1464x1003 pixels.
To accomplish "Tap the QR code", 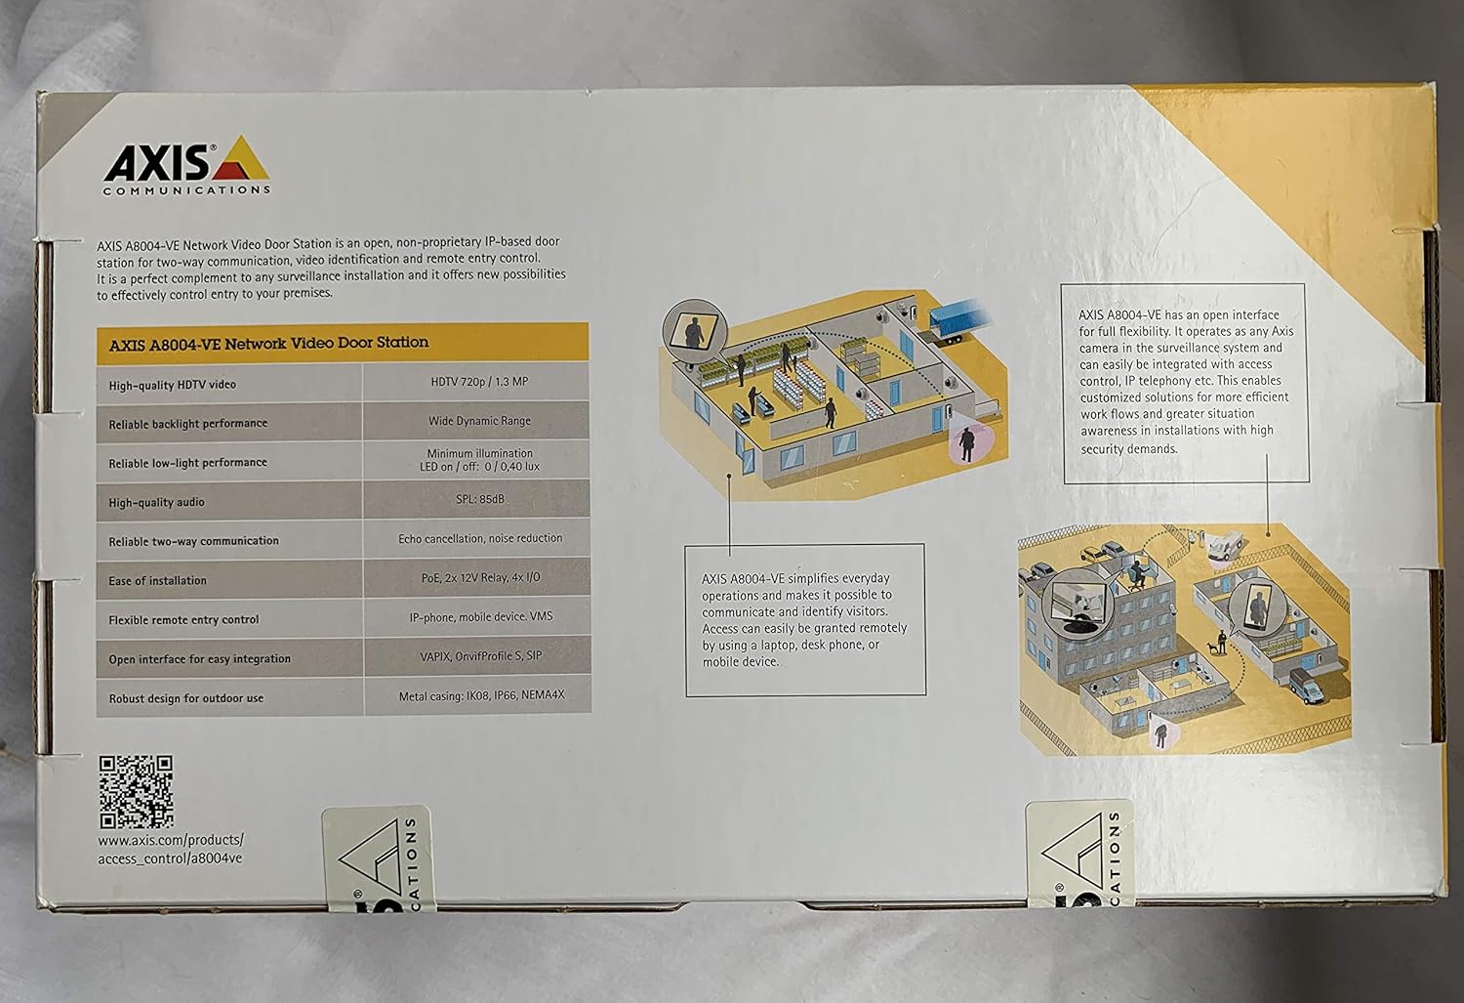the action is tap(136, 790).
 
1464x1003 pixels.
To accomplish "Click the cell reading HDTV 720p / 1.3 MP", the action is tap(479, 382).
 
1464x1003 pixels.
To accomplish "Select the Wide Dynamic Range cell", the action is tap(479, 421).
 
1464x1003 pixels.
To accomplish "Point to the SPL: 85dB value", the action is tap(479, 499).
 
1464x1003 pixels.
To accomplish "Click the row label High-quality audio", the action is tap(157, 502).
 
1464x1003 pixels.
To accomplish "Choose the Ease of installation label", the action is tap(157, 580).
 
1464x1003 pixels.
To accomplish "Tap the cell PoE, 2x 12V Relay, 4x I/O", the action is tap(479, 577).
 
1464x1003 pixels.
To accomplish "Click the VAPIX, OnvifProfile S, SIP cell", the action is tap(480, 656).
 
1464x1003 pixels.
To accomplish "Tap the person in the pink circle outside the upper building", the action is tap(965, 443).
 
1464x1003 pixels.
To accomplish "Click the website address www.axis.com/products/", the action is tap(171, 839).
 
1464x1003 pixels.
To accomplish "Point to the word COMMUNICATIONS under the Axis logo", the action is tap(186, 189).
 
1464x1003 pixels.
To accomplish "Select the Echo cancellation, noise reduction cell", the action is tap(480, 538).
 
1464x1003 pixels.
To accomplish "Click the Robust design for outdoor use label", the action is tap(185, 698).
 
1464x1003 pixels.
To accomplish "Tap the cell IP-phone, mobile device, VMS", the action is tap(480, 617).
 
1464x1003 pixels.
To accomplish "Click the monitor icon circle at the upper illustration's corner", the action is tap(692, 329).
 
